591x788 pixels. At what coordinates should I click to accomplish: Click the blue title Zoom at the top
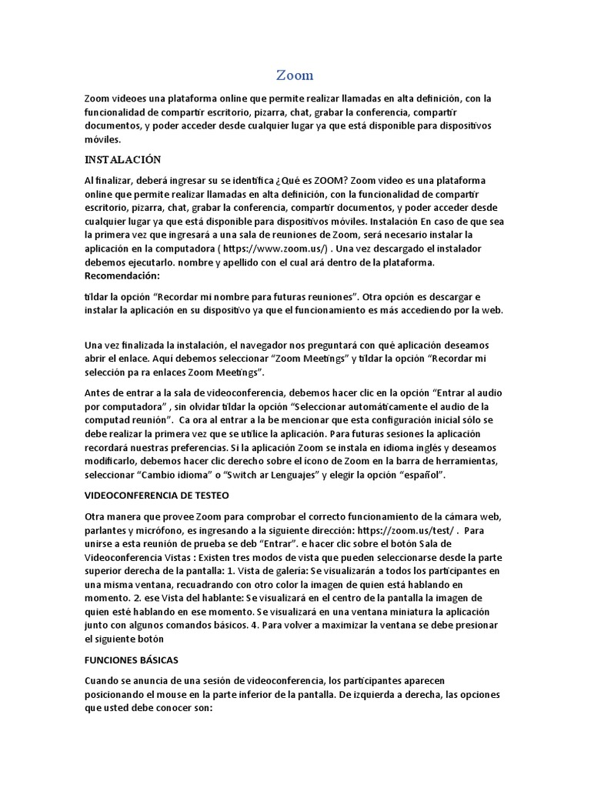[295, 75]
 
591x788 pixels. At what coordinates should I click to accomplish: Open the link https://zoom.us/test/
[409, 530]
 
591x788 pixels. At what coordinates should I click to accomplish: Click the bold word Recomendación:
[122, 275]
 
